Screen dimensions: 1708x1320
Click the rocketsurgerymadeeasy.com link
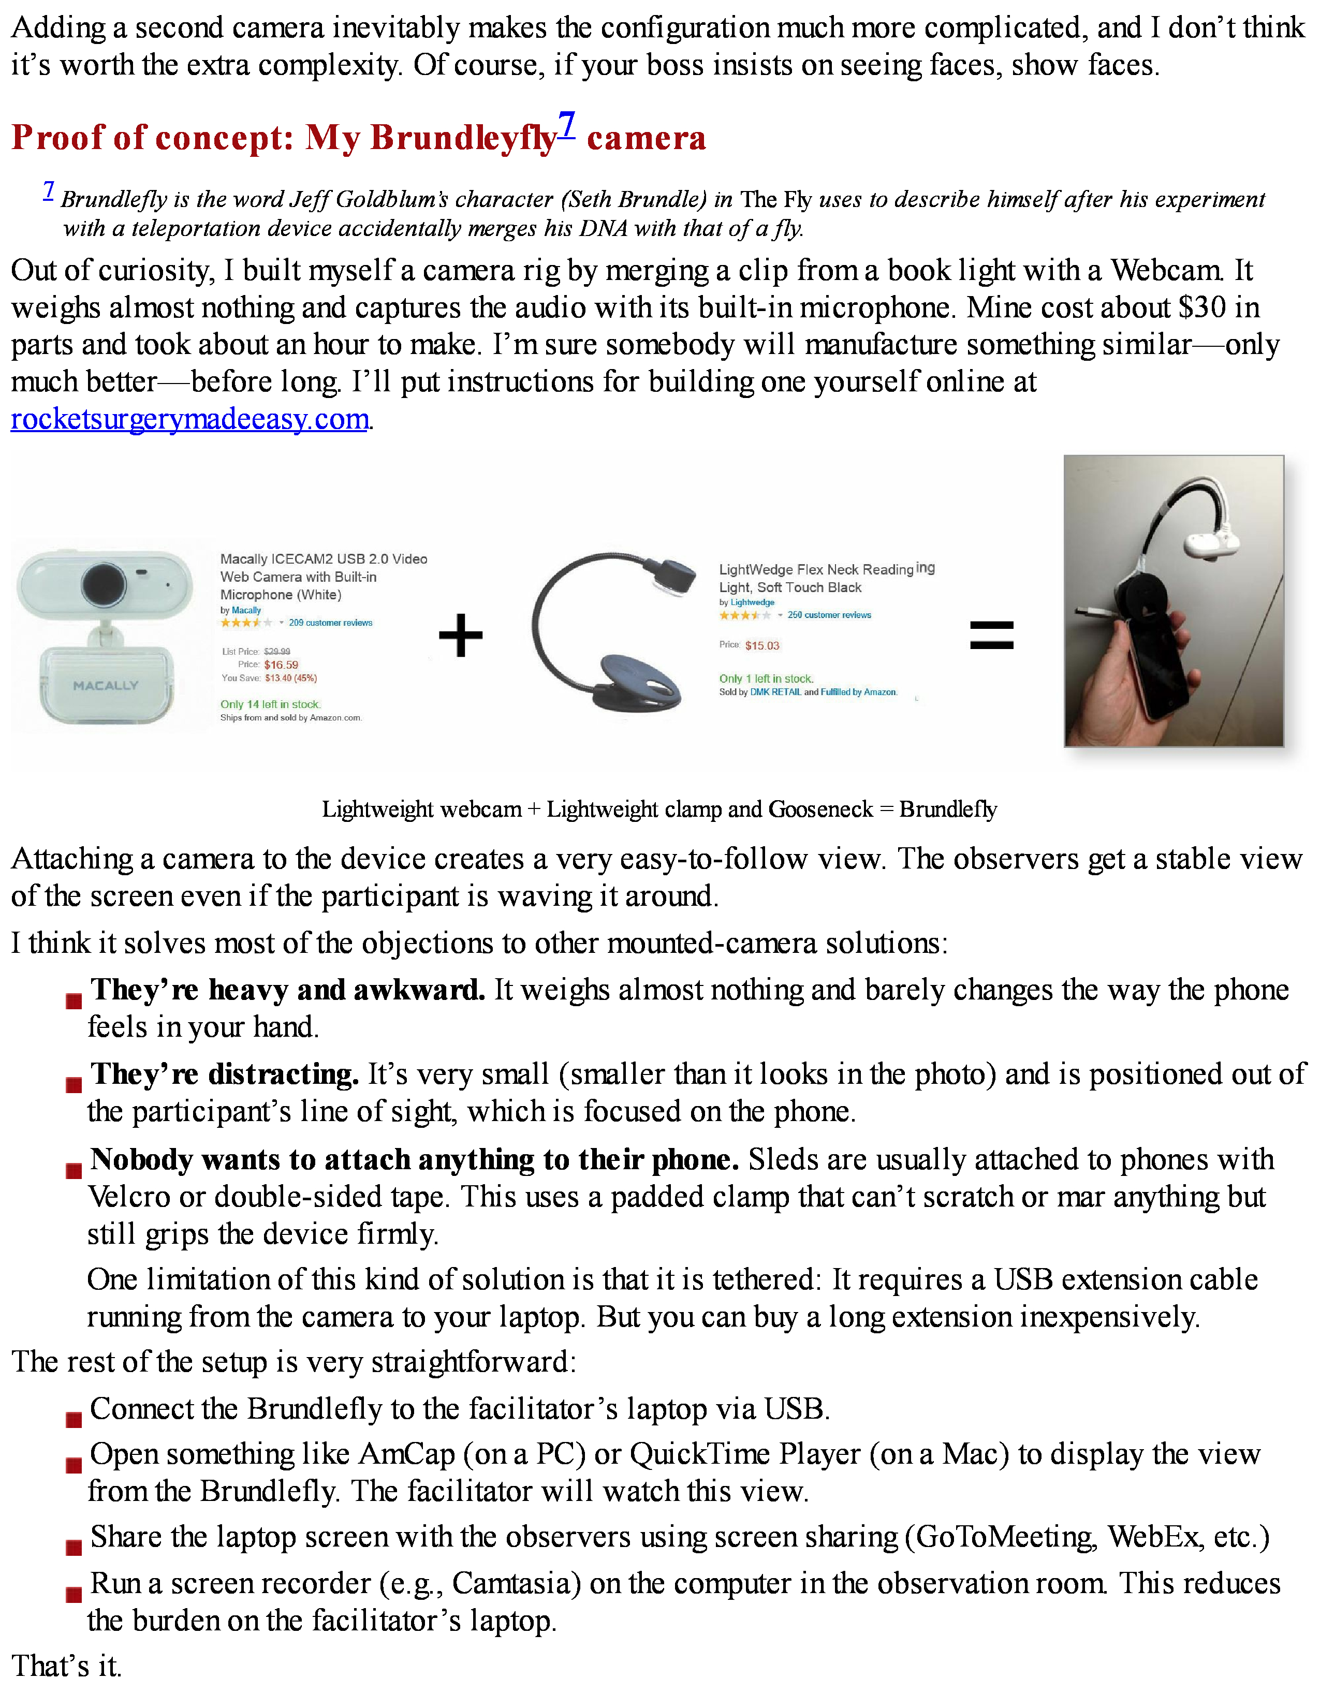pos(189,420)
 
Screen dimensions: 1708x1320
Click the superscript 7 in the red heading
pos(566,125)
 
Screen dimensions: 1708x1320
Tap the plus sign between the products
pos(461,635)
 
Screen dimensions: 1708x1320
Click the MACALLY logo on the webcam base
pos(106,686)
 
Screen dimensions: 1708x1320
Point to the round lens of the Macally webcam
pos(104,583)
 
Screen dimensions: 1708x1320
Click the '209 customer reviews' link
pos(330,623)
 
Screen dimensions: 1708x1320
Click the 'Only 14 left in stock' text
pos(270,704)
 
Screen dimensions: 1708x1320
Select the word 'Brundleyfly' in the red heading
pos(462,138)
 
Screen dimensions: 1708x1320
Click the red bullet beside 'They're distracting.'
pos(74,1085)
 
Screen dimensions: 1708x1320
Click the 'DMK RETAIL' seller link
pos(775,692)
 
